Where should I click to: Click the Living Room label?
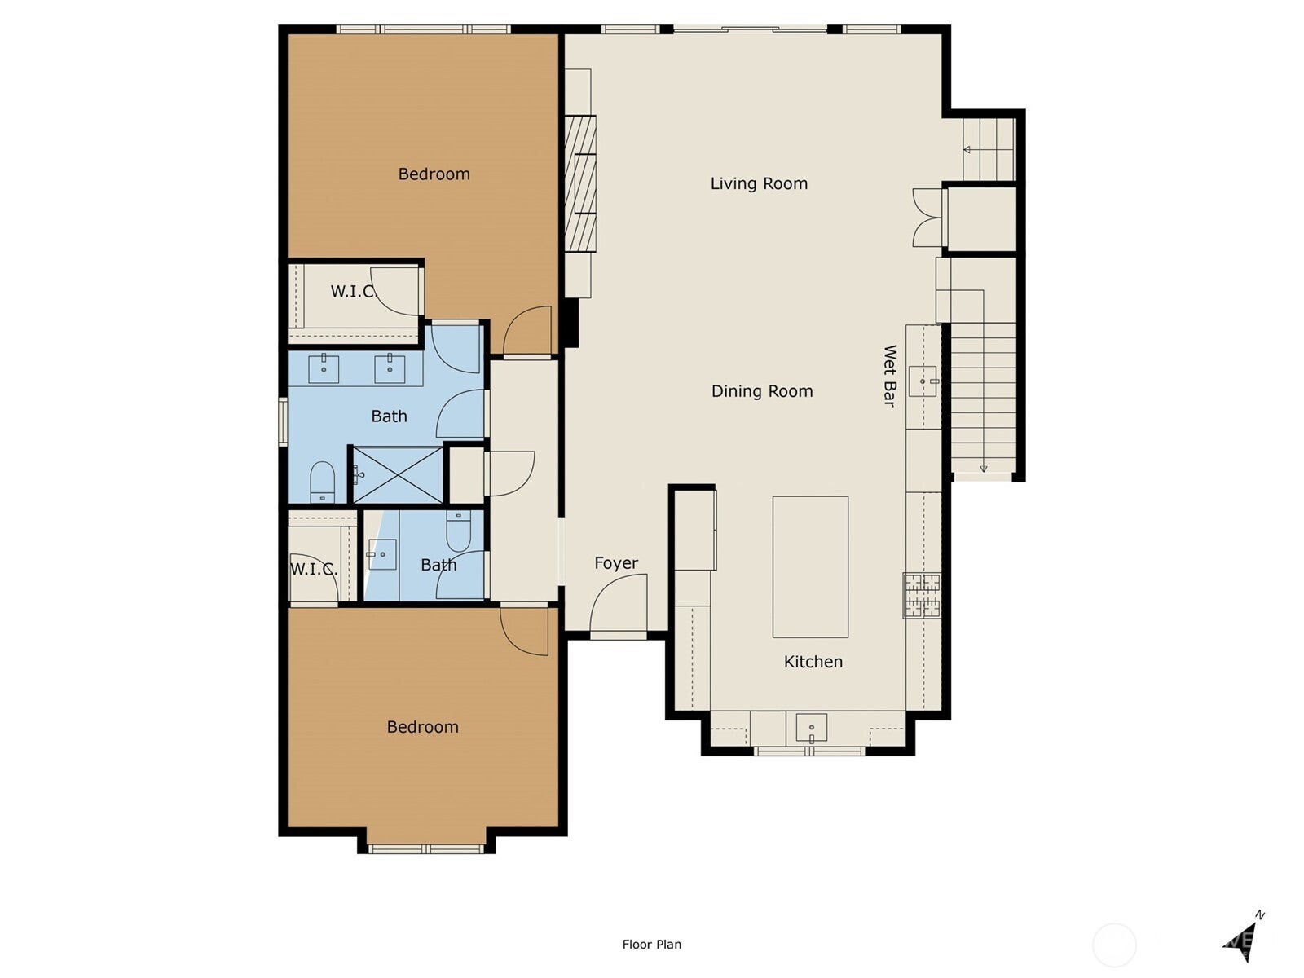(x=759, y=183)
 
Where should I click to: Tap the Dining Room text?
(x=762, y=391)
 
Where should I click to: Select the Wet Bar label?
(x=890, y=376)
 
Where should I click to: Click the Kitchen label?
(x=813, y=662)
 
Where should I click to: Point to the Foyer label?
(x=616, y=563)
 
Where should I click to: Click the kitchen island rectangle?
(x=810, y=566)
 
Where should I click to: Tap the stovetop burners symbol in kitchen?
(x=922, y=596)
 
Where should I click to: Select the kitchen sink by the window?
(x=811, y=728)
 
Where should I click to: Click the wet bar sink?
(x=923, y=381)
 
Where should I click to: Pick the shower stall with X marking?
(x=397, y=474)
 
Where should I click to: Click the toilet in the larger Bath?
(x=323, y=482)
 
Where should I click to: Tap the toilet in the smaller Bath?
(x=459, y=530)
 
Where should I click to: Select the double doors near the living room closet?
(x=927, y=218)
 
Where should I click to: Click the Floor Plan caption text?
(x=651, y=945)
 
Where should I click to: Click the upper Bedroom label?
(x=434, y=174)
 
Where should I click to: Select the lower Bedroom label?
(x=422, y=727)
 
